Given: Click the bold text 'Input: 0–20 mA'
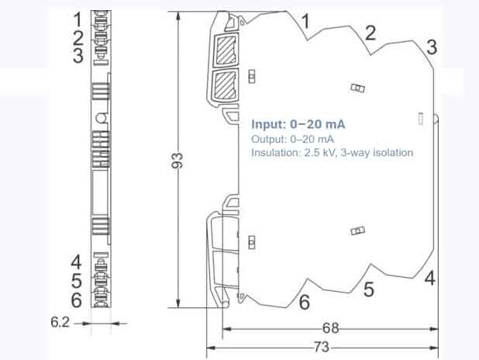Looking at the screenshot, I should [x=298, y=125].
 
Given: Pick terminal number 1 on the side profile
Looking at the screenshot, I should [x=305, y=22].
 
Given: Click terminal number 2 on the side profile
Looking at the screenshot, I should [x=370, y=32].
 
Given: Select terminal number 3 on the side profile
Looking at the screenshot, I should [x=431, y=47].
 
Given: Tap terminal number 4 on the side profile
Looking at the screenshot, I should [x=429, y=277].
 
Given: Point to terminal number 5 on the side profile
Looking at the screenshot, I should [x=369, y=290].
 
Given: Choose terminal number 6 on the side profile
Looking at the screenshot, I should [x=305, y=301].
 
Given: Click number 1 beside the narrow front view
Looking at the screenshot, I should [x=78, y=17].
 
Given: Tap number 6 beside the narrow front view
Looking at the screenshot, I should [x=77, y=299].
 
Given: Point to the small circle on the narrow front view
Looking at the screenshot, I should [x=101, y=118].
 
